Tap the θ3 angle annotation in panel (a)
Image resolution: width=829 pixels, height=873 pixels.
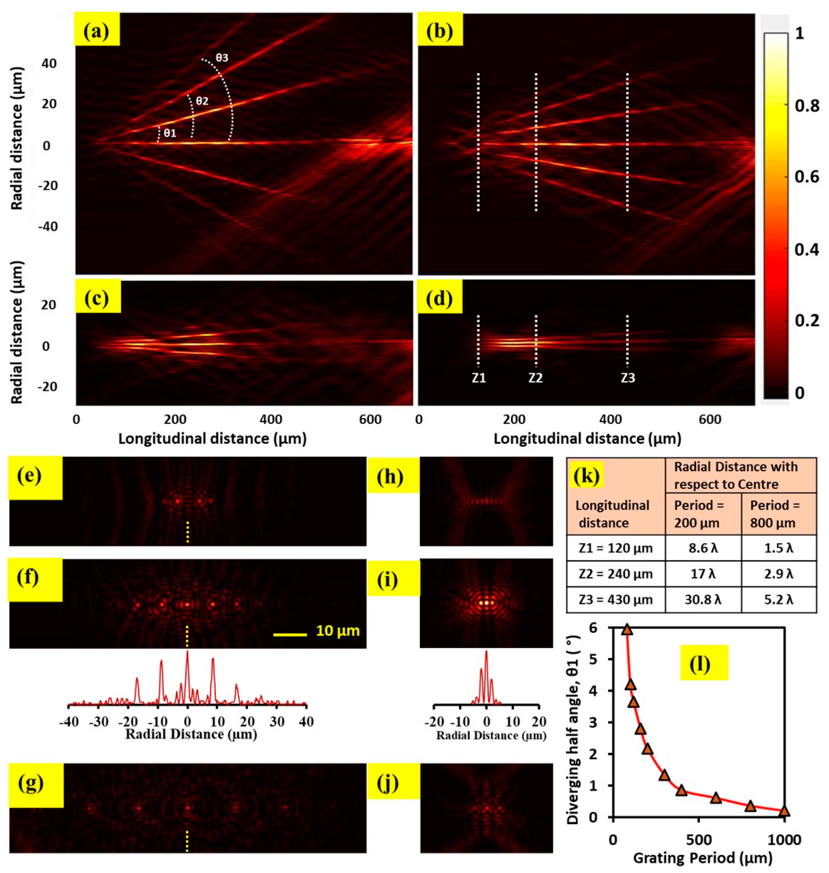point(222,58)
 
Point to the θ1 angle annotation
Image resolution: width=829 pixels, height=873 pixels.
point(170,133)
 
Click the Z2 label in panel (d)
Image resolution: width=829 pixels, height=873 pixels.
point(536,378)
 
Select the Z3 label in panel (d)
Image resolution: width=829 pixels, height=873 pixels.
point(627,378)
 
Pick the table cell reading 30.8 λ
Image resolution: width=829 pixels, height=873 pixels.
point(703,600)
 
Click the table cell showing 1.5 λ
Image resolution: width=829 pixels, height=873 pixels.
point(779,548)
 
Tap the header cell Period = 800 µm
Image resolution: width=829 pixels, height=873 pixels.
point(779,514)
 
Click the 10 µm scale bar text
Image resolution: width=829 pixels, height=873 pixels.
point(338,631)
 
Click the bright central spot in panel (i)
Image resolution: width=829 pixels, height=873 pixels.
point(486,602)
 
